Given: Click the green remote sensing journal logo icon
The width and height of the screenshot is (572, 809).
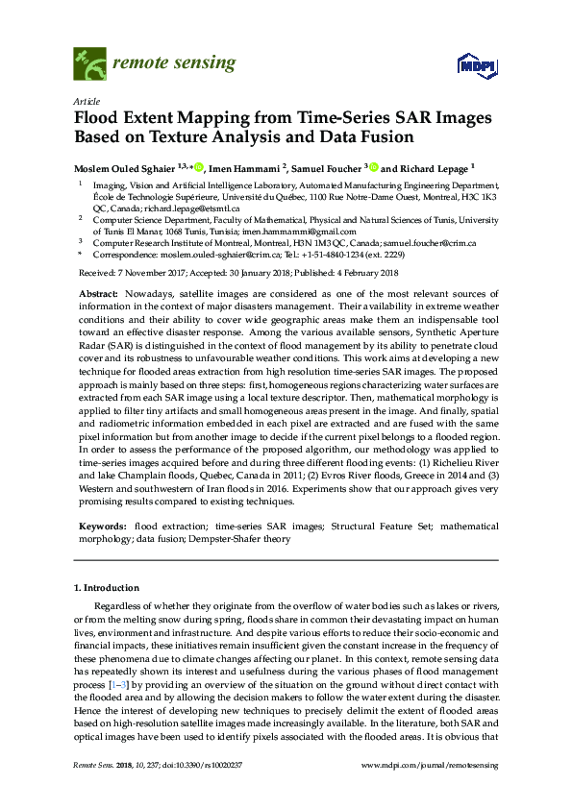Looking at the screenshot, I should [89, 64].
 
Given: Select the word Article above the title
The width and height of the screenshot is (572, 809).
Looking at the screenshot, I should [86, 101].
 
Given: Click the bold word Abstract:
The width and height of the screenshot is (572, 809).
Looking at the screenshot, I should [98, 292].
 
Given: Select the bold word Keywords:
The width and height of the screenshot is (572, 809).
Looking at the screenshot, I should [102, 527].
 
